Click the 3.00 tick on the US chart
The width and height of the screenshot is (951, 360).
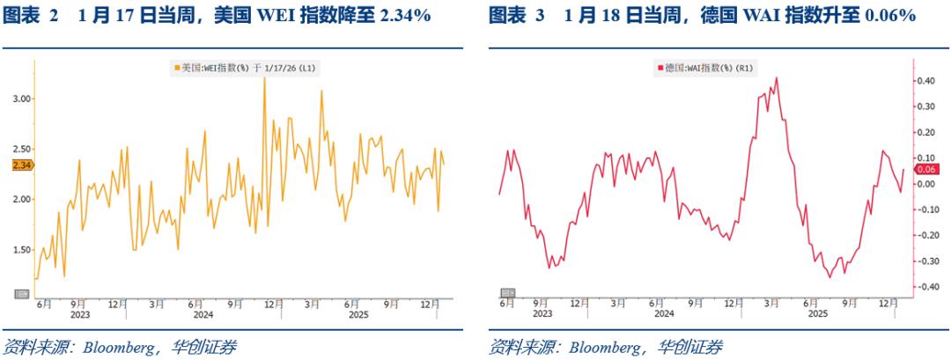[x=21, y=99]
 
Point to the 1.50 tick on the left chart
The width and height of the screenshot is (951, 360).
[x=21, y=250]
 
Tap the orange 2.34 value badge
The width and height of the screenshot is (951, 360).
[x=22, y=165]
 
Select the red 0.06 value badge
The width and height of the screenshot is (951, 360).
[x=925, y=169]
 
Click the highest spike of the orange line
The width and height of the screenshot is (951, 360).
[x=264, y=78]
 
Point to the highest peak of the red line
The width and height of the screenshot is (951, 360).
[x=776, y=78]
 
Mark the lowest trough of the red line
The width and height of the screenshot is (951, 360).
[x=829, y=277]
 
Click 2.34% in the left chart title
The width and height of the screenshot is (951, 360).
[x=404, y=16]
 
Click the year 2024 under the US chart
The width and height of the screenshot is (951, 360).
[x=204, y=313]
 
